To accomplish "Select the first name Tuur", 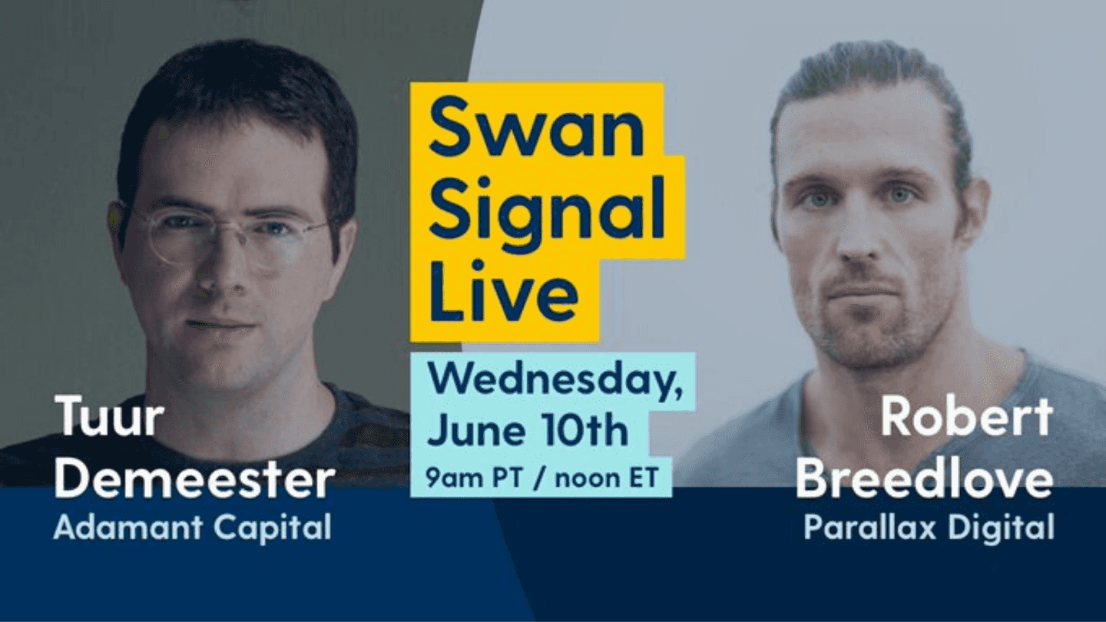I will (x=109, y=418).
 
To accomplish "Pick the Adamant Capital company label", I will (x=192, y=528).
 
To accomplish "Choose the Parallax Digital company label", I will (x=929, y=528).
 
